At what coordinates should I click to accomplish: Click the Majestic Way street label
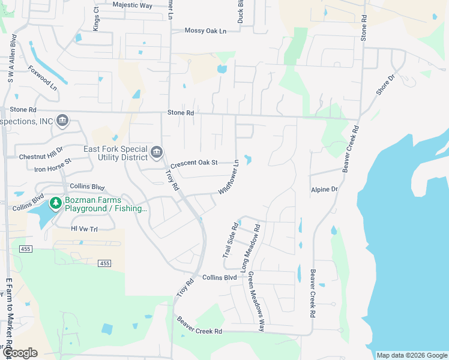tap(132, 4)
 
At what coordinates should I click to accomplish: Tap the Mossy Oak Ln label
tap(205, 31)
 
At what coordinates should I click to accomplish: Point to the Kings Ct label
tap(96, 19)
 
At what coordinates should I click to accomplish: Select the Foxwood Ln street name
tap(42, 77)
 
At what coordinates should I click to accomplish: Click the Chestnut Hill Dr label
tap(41, 153)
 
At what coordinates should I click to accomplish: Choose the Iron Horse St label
tap(52, 165)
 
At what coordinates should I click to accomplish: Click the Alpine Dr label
tap(324, 190)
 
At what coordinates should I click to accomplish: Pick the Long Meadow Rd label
tap(250, 249)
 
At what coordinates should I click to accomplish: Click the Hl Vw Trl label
tap(84, 229)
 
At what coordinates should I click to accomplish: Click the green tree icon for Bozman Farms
tap(56, 203)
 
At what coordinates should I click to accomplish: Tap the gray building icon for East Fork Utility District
tap(157, 152)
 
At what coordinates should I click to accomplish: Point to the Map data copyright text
tap(411, 355)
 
